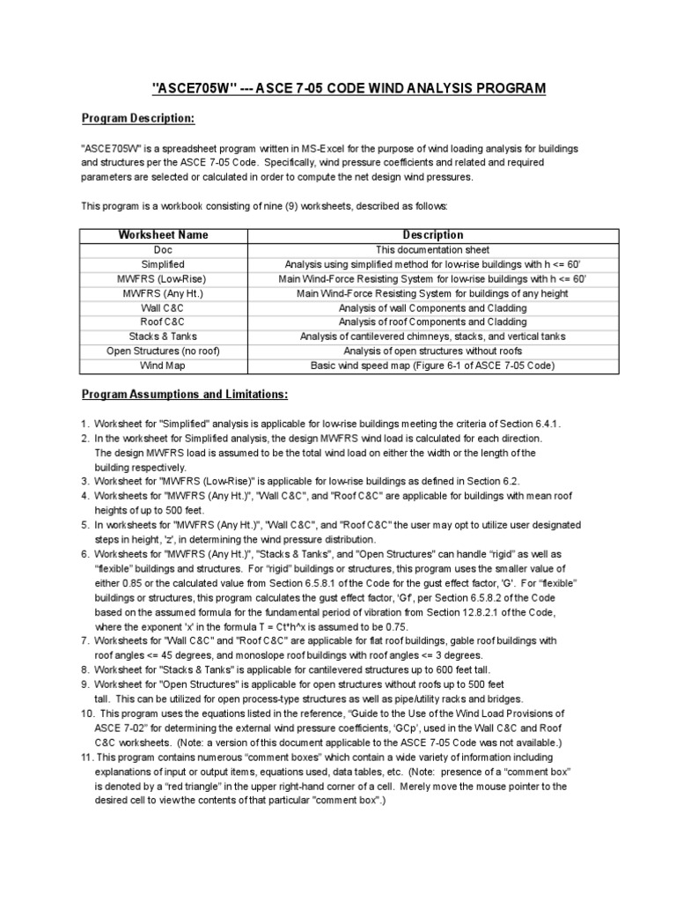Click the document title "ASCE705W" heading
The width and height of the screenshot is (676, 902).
tap(349, 88)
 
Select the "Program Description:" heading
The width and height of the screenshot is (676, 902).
tap(137, 118)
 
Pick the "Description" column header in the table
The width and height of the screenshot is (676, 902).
tap(432, 235)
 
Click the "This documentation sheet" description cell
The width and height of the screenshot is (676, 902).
tap(432, 249)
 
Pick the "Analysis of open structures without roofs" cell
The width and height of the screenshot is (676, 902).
tap(432, 350)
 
